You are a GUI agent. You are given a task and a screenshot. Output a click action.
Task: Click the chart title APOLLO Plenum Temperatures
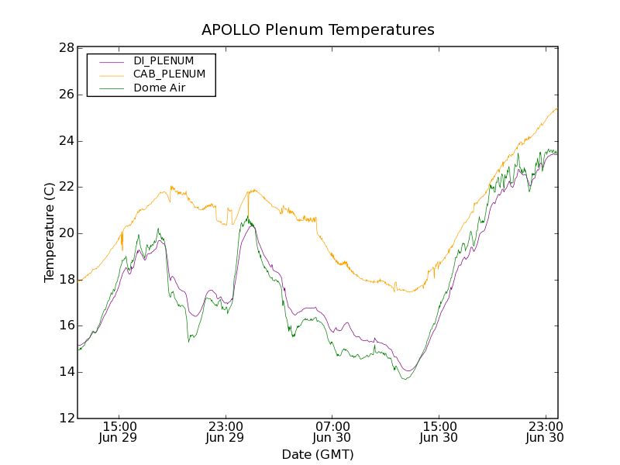(318, 30)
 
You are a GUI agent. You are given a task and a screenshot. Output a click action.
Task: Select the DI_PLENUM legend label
(164, 60)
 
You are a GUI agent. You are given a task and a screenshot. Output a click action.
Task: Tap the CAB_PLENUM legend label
(169, 74)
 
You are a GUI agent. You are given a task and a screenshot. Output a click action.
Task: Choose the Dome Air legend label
(159, 88)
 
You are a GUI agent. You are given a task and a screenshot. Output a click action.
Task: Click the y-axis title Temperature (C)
(50, 232)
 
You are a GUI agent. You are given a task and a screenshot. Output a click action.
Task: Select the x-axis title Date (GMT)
(318, 454)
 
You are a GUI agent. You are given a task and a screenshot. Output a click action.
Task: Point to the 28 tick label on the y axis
(66, 48)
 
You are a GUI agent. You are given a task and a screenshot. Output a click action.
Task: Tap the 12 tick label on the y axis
(66, 418)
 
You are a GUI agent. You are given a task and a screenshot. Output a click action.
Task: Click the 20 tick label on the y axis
(66, 233)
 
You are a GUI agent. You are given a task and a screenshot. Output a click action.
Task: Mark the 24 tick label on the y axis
(66, 141)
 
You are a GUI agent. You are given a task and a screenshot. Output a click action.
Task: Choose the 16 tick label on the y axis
(66, 325)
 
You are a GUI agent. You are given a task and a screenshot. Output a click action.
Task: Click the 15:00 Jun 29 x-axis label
(119, 432)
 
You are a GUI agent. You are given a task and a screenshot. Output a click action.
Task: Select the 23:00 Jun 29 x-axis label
(226, 432)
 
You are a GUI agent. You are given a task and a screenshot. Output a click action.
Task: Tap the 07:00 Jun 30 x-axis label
(332, 432)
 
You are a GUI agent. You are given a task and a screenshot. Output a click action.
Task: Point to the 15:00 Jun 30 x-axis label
(439, 432)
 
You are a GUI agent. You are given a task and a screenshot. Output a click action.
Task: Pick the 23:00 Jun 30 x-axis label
(545, 432)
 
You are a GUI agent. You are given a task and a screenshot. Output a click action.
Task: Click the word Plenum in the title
(298, 30)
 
